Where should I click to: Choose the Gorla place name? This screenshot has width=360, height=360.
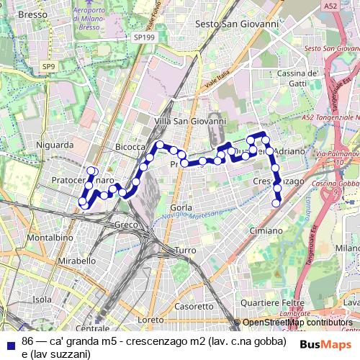click(x=181, y=207)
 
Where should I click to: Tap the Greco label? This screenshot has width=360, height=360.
click(x=126, y=225)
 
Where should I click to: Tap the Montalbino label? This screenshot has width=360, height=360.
click(x=49, y=237)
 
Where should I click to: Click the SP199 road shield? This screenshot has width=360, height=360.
click(x=143, y=35)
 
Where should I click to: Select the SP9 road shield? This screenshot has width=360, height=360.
click(x=48, y=67)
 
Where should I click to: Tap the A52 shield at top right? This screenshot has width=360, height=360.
click(x=330, y=6)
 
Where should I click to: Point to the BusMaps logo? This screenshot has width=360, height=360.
click(x=325, y=344)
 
